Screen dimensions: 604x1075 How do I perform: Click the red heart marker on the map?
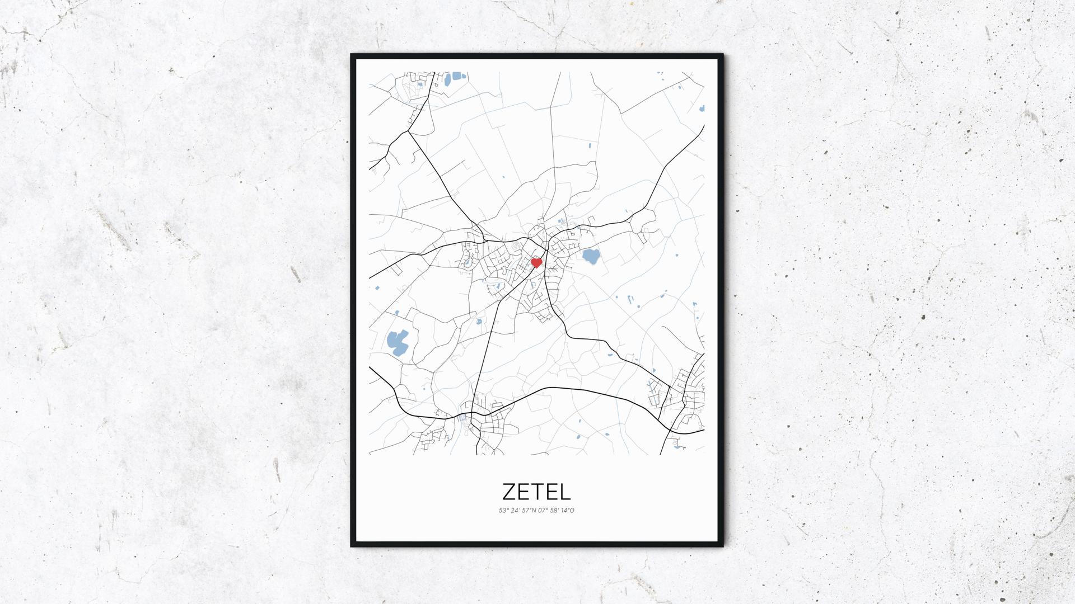point(536,262)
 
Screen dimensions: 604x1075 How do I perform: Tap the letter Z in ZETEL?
point(510,492)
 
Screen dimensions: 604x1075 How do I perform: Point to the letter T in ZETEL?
point(537,492)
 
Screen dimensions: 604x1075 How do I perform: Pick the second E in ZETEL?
point(550,492)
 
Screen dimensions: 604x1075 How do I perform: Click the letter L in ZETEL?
point(564,492)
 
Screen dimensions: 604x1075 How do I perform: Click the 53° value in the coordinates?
point(503,510)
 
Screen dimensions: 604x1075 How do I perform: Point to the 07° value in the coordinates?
point(541,510)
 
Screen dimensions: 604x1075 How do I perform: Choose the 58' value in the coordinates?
point(554,510)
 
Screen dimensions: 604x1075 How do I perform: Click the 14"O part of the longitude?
point(567,510)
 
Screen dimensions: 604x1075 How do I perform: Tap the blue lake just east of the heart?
point(591,257)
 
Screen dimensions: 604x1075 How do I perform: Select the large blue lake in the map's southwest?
point(397,341)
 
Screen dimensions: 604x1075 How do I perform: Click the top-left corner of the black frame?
point(352,55)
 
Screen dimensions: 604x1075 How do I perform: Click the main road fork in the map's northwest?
point(409,132)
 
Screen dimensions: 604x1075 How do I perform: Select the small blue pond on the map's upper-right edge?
point(700,108)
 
